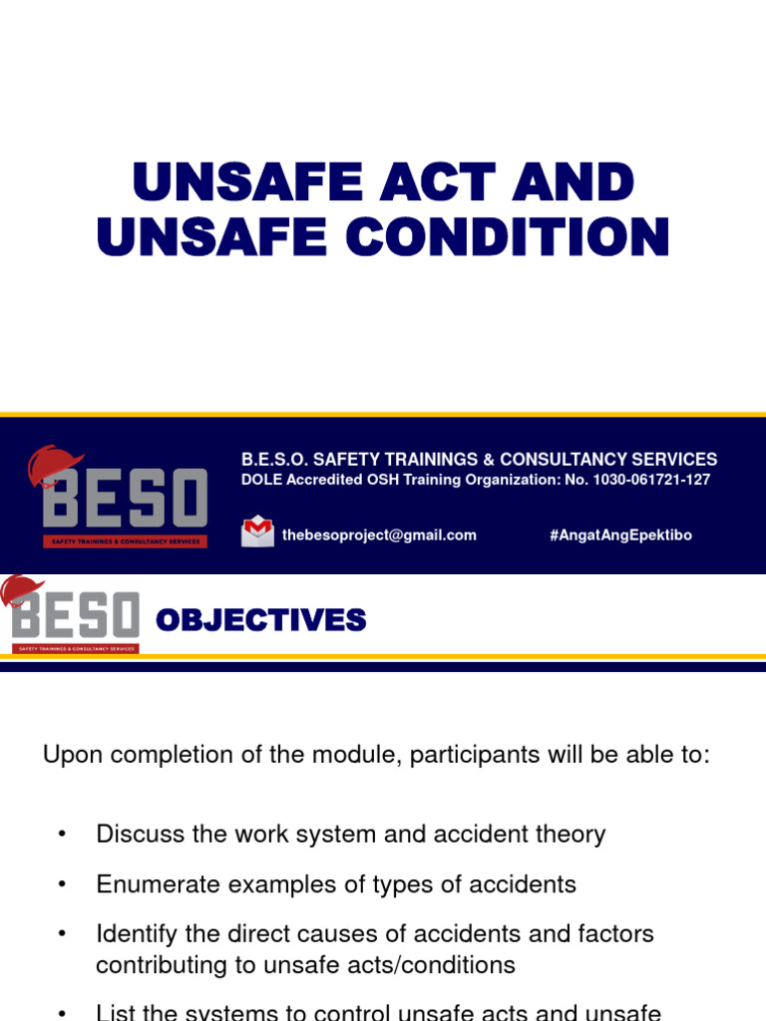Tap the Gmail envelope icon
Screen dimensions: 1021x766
click(257, 531)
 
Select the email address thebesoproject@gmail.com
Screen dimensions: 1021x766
click(379, 535)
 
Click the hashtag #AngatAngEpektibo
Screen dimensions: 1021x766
click(620, 535)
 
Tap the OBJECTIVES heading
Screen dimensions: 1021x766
click(261, 621)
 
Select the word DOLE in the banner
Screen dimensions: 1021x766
click(260, 480)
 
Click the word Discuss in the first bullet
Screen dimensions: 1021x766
click(137, 834)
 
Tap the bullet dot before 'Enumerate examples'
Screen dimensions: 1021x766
click(62, 884)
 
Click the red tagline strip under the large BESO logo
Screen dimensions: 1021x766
click(125, 541)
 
